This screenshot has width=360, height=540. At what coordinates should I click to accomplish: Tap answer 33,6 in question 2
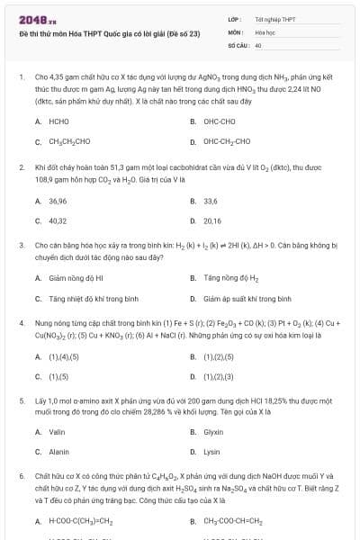point(211,199)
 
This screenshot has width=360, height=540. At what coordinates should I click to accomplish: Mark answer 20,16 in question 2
point(212,220)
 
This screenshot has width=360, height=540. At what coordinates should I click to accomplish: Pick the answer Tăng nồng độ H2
point(230,277)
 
